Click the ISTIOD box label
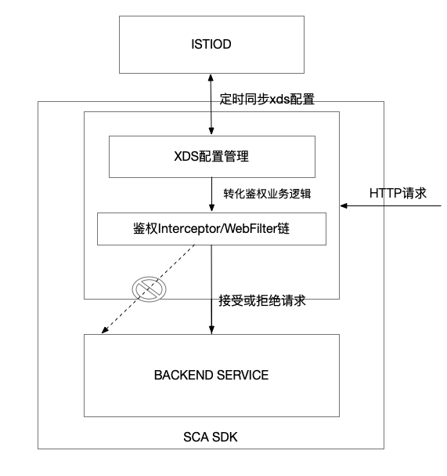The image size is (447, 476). click(x=211, y=45)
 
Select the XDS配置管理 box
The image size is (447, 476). click(x=212, y=157)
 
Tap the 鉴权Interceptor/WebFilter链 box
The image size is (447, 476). click(x=211, y=229)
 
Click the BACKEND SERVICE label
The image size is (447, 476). click(x=211, y=375)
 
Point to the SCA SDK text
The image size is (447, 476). click(x=211, y=437)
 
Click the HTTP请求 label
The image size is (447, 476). click(x=398, y=194)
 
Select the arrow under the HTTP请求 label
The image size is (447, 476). click(x=391, y=205)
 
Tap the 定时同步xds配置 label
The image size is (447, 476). click(x=267, y=99)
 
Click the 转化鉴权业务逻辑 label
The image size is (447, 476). click(x=267, y=194)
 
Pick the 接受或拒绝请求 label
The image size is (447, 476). click(x=262, y=300)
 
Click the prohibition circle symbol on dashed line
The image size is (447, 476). click(x=149, y=289)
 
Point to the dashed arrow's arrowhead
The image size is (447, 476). click(x=104, y=330)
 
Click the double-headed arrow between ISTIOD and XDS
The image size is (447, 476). click(x=211, y=104)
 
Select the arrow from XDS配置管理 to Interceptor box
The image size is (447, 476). click(x=211, y=194)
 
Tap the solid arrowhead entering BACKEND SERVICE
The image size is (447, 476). click(x=211, y=330)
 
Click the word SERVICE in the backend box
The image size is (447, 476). click(x=243, y=375)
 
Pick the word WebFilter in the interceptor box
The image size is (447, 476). click(x=251, y=228)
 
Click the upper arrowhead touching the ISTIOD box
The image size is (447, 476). click(x=211, y=77)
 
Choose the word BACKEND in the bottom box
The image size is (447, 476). click(x=183, y=375)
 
